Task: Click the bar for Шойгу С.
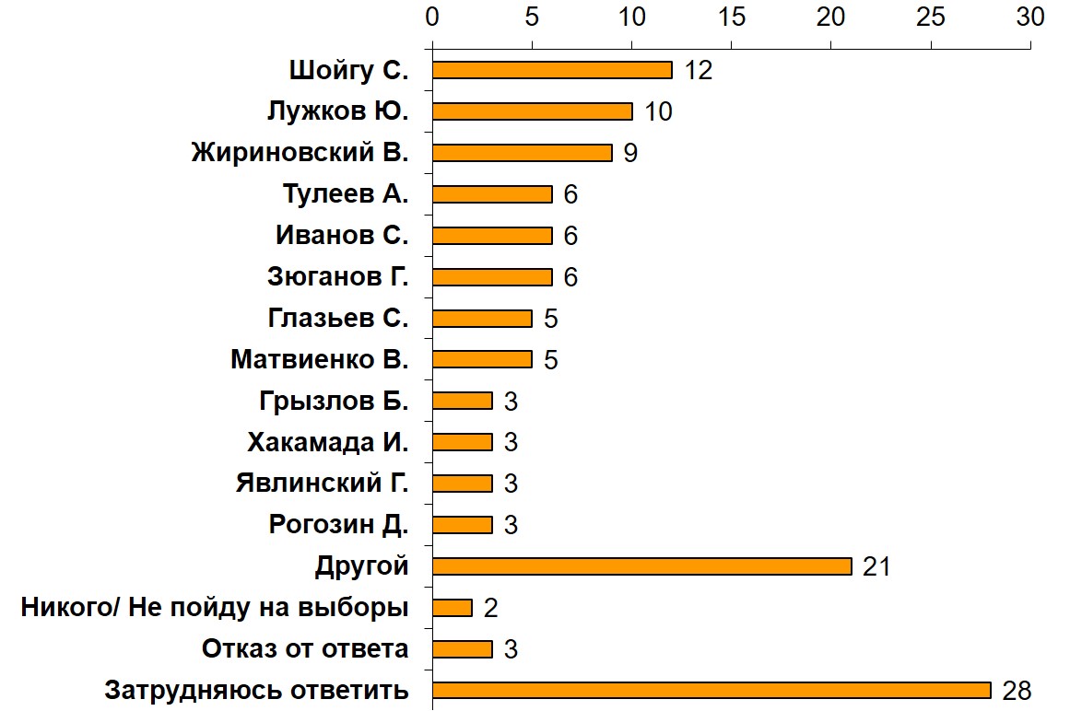(x=552, y=70)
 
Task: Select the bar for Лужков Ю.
(x=532, y=111)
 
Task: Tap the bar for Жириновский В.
(x=522, y=153)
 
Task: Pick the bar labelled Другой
(x=641, y=566)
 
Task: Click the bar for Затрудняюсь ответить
(x=711, y=691)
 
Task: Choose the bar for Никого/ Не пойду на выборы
(x=452, y=608)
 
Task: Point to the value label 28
(x=1017, y=691)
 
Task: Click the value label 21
(x=876, y=566)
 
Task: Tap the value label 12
(x=699, y=70)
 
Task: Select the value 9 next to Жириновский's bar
(x=630, y=153)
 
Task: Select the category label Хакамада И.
(x=327, y=442)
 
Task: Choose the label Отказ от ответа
(x=305, y=649)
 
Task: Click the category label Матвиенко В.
(x=319, y=359)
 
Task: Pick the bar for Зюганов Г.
(x=491, y=277)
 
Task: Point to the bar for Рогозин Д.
(x=462, y=525)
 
